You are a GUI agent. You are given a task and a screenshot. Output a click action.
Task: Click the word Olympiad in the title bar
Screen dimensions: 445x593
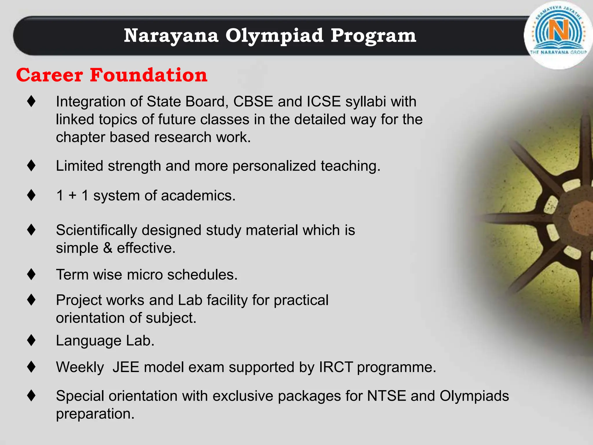(274, 36)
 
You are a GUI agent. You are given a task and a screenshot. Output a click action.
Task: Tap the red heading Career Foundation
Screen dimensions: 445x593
(112, 75)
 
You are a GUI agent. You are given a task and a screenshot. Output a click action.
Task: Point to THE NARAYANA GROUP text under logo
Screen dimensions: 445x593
(558, 52)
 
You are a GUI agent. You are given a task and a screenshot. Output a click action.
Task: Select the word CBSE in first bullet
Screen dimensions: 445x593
(253, 102)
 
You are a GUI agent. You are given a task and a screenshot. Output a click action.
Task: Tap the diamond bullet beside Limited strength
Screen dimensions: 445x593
(31, 166)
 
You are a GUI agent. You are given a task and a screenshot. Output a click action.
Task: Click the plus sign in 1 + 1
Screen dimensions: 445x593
(72, 196)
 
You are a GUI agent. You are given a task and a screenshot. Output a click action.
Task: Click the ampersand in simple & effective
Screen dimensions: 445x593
(107, 248)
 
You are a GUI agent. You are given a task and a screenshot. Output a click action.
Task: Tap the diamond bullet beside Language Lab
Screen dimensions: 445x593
(31, 340)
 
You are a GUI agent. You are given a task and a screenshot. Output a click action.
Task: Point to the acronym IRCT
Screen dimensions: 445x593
(336, 367)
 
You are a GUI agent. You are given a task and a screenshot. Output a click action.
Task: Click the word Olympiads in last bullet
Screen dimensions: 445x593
(474, 396)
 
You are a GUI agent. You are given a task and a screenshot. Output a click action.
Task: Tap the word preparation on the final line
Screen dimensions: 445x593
(95, 414)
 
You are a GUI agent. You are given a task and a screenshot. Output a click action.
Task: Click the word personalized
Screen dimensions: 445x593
(274, 166)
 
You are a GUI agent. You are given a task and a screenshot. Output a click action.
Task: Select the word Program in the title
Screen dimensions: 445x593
(373, 36)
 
